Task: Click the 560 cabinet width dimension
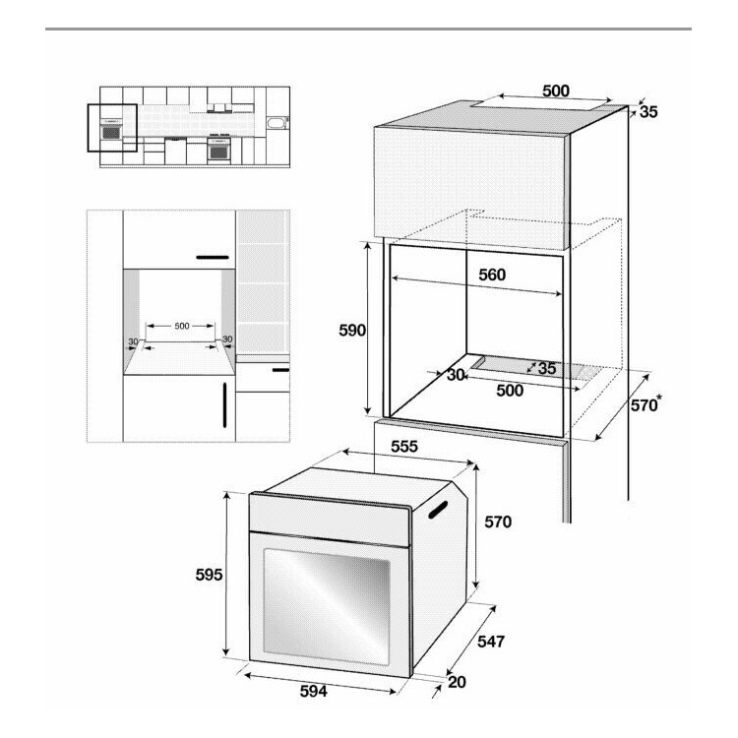(492, 275)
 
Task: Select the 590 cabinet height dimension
(352, 331)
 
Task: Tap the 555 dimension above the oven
(404, 446)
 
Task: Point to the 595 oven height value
(209, 575)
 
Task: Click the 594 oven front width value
(314, 691)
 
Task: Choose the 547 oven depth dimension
(491, 641)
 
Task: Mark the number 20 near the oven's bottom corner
(457, 682)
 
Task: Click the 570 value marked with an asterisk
(644, 405)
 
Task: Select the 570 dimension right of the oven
(498, 522)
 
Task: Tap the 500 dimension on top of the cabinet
(556, 91)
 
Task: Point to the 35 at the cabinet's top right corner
(648, 112)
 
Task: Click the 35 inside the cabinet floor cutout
(546, 369)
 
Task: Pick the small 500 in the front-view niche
(182, 326)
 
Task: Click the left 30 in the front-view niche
(133, 341)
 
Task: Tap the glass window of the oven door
(326, 607)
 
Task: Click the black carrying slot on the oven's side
(438, 510)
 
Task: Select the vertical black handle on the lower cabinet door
(224, 404)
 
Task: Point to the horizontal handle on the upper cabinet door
(213, 258)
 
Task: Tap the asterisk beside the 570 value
(659, 399)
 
